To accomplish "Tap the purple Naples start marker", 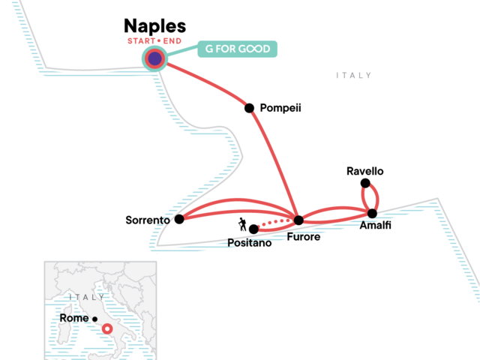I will (154, 58).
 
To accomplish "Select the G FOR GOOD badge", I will (238, 49).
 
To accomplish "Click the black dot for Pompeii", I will (250, 108).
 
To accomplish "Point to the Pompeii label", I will (280, 108).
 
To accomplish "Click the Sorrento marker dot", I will (179, 220).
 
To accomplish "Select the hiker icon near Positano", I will (242, 223).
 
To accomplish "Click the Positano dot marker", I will (253, 229).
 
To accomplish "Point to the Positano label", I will (250, 243).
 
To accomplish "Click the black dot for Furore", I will (298, 220).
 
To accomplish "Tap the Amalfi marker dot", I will (372, 214).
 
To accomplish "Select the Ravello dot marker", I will (365, 183).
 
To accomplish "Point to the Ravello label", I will (365, 171).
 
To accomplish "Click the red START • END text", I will (155, 40).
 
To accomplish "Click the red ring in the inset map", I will (108, 328).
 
